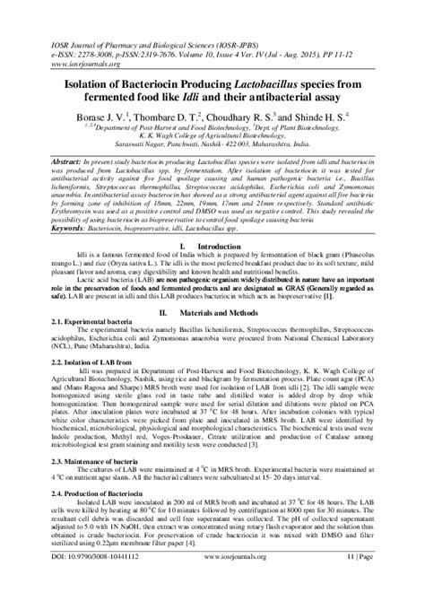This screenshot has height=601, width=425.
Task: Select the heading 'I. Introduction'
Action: pos(212,245)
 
